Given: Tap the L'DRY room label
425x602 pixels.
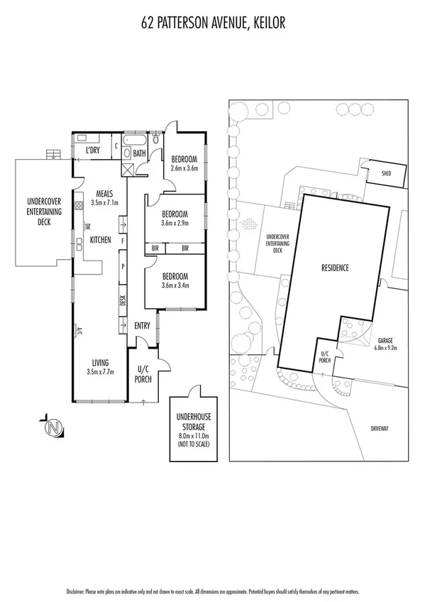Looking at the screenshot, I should [x=92, y=151].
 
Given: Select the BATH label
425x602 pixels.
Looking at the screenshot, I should [x=139, y=152].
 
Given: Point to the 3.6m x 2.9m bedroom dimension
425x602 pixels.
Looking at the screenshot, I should [x=175, y=223].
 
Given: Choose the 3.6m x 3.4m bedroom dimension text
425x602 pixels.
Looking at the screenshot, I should [x=175, y=285].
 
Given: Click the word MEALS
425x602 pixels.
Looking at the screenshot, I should [x=95, y=193].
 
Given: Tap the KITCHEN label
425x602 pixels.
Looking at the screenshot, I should [x=100, y=240].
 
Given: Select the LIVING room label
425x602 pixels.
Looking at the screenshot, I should [x=95, y=361].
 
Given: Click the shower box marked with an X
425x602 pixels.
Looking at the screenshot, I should [x=128, y=170].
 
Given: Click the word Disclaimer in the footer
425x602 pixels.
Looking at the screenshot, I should [x=74, y=591].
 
